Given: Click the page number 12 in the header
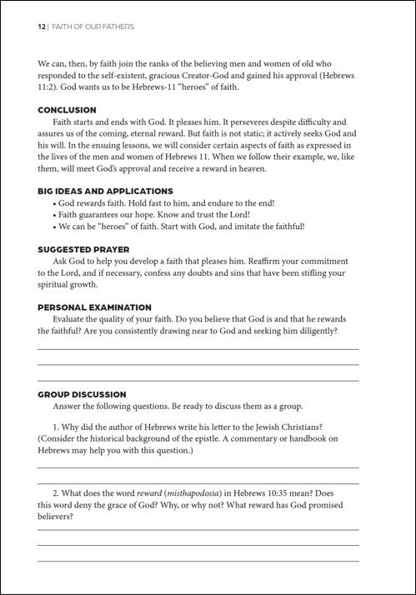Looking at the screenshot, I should [x=41, y=27].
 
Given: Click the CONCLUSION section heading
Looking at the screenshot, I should [x=67, y=110].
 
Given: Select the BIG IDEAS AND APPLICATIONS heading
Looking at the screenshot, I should [x=105, y=191].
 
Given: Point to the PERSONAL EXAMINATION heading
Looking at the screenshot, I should [x=94, y=307].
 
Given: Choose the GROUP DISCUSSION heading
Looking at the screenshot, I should [x=82, y=394].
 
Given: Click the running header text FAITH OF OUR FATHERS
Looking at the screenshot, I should [x=93, y=27].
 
